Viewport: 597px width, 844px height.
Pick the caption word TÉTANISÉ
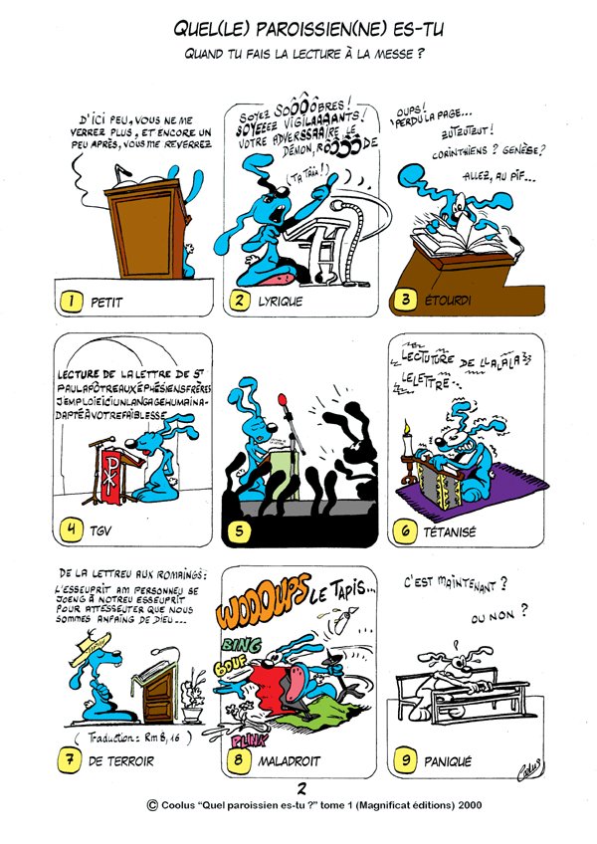tap(451, 532)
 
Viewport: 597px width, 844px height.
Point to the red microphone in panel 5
tap(288, 404)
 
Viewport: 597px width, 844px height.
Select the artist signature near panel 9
tap(527, 764)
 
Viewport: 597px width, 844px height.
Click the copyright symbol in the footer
tap(151, 808)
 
